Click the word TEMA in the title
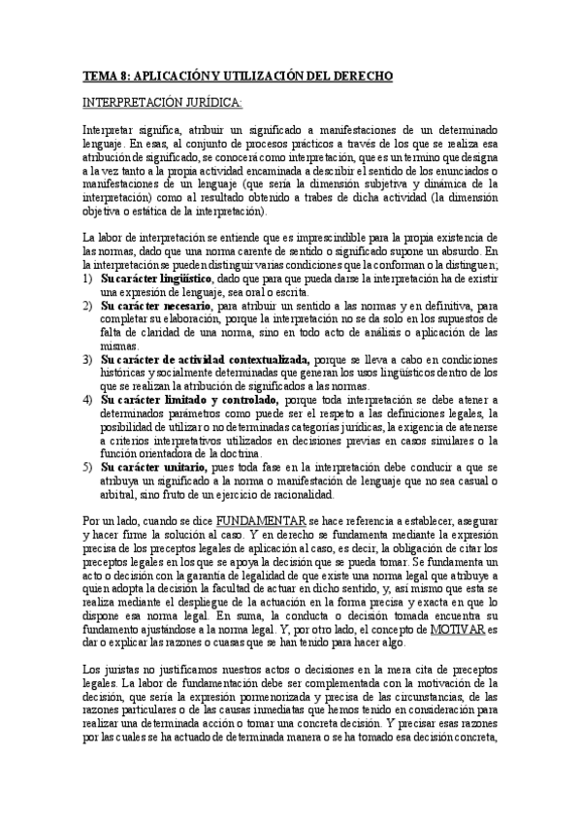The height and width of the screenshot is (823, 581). coord(98,73)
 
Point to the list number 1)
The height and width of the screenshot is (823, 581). coord(87,279)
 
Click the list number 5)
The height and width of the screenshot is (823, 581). coord(87,467)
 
